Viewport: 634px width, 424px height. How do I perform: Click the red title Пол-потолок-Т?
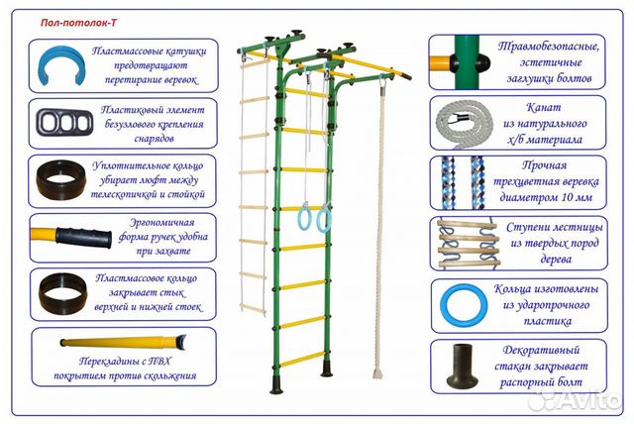pyautogui.click(x=78, y=23)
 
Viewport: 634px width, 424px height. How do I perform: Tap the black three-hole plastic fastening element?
pyautogui.click(x=64, y=122)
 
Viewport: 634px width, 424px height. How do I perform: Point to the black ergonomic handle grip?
pyautogui.click(x=83, y=238)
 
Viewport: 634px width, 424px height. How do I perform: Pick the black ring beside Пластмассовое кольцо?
pyautogui.click(x=62, y=292)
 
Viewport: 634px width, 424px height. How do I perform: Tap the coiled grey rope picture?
pyautogui.click(x=465, y=123)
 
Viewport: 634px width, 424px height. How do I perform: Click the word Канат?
pyautogui.click(x=544, y=108)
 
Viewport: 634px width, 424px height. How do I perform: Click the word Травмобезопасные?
pyautogui.click(x=549, y=47)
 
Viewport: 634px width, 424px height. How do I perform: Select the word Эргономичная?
pyautogui.click(x=161, y=222)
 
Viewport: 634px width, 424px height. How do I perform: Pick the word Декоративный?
pyautogui.click(x=541, y=350)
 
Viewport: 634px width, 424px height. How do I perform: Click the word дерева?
pyautogui.click(x=556, y=260)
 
